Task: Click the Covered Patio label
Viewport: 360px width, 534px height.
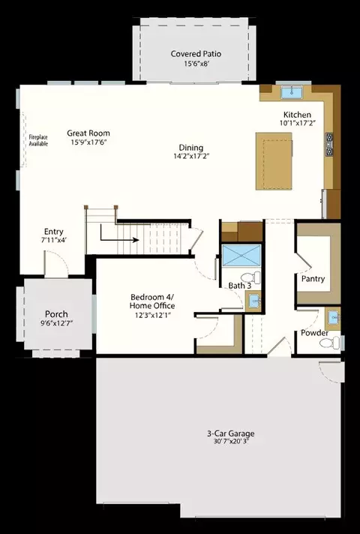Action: (196, 54)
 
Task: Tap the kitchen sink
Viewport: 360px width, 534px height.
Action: (292, 92)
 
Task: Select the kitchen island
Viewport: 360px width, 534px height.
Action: (274, 161)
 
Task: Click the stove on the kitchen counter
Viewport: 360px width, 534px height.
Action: (329, 145)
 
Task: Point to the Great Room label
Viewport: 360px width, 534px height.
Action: (88, 133)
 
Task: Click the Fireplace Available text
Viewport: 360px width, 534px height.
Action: (38, 140)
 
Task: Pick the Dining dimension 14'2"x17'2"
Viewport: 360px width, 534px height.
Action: (191, 156)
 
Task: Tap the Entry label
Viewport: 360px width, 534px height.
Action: (54, 232)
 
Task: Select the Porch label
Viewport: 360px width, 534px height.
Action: (56, 314)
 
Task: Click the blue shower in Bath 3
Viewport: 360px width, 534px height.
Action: (241, 256)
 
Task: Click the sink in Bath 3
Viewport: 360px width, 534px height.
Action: (253, 301)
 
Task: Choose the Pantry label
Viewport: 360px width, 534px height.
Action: (313, 279)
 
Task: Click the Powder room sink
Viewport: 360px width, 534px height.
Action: (333, 318)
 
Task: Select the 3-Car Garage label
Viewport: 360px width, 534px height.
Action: (230, 433)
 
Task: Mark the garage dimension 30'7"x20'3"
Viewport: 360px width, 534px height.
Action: (230, 442)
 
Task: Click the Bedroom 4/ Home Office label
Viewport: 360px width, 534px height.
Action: (152, 301)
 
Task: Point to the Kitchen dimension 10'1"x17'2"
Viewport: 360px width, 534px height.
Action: (297, 123)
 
